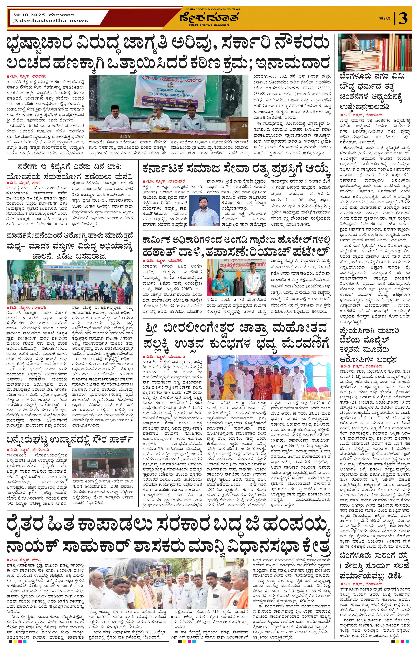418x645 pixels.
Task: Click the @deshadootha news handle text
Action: [50, 21]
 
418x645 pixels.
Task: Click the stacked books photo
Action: [375, 52]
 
